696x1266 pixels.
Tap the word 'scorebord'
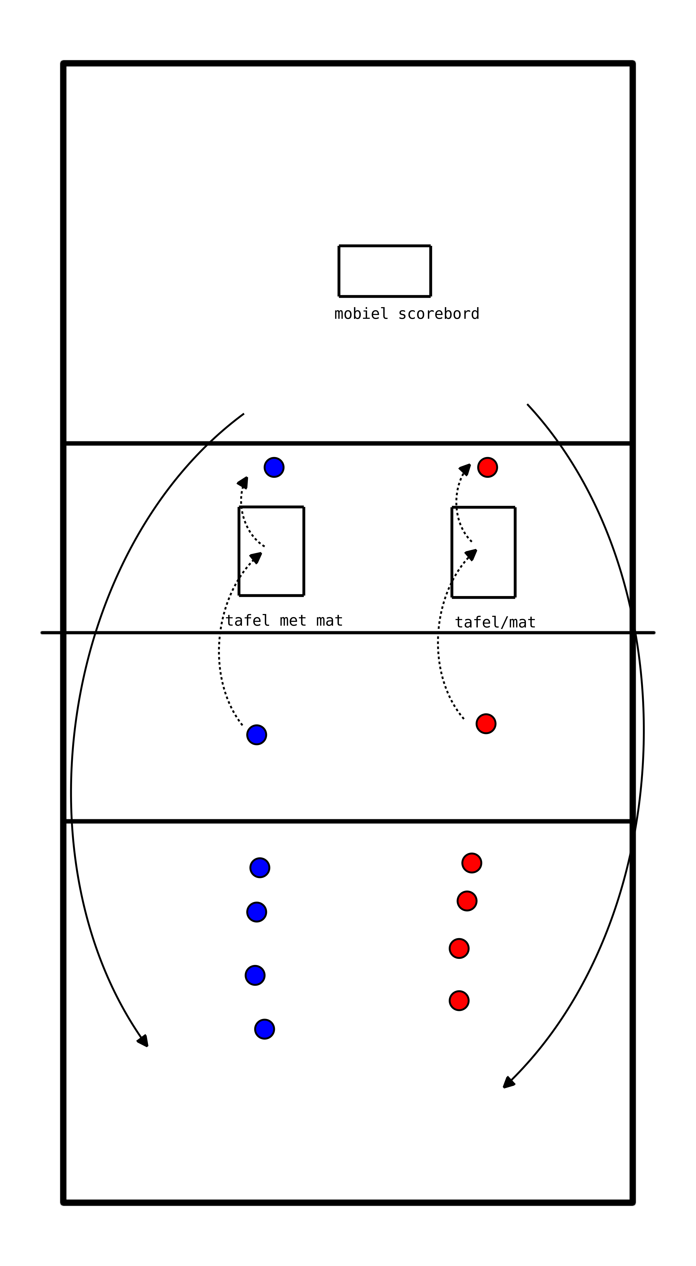click(439, 313)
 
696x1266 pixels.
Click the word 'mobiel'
click(361, 313)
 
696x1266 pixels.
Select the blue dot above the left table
click(274, 467)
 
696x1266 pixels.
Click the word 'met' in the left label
click(293, 621)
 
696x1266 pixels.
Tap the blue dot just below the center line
click(256, 735)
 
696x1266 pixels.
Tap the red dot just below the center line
click(486, 723)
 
